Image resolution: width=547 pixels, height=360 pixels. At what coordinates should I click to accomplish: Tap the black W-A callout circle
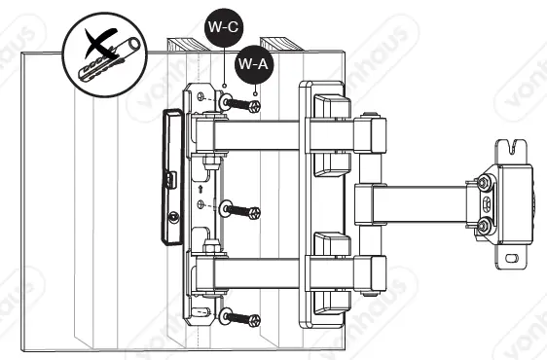pos(253,63)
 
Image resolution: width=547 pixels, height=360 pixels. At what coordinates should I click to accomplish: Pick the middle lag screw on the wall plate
pos(238,209)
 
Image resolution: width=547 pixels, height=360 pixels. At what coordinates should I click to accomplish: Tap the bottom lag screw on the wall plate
pos(239,316)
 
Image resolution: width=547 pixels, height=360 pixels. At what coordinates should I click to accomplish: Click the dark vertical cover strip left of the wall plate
pos(171,176)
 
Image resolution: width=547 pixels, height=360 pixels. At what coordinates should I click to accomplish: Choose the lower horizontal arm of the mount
pos(263,274)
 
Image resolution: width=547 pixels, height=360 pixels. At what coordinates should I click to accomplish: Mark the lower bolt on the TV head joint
pos(484,227)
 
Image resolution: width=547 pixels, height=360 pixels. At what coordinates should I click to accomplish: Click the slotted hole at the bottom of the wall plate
pos(201,311)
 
